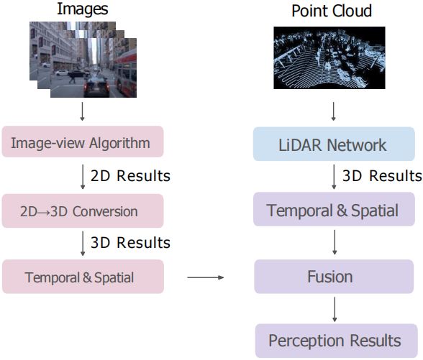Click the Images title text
[83, 10]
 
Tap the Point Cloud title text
[332, 11]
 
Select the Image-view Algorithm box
[83, 142]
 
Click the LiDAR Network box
[334, 144]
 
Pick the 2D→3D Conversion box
[83, 211]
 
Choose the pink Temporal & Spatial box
[83, 277]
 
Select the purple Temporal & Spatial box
[334, 209]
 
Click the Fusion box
[334, 277]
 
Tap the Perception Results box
[336, 341]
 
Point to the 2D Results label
[130, 176]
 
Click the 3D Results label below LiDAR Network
[382, 176]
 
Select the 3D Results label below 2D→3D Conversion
[130, 243]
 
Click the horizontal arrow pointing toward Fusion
[206, 277]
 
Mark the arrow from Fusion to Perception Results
[335, 309]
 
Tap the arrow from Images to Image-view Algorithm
[83, 111]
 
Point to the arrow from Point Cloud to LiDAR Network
[334, 111]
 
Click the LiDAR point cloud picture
[329, 57]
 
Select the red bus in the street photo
[125, 73]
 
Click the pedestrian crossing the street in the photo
[72, 78]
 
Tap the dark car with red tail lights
[96, 86]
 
